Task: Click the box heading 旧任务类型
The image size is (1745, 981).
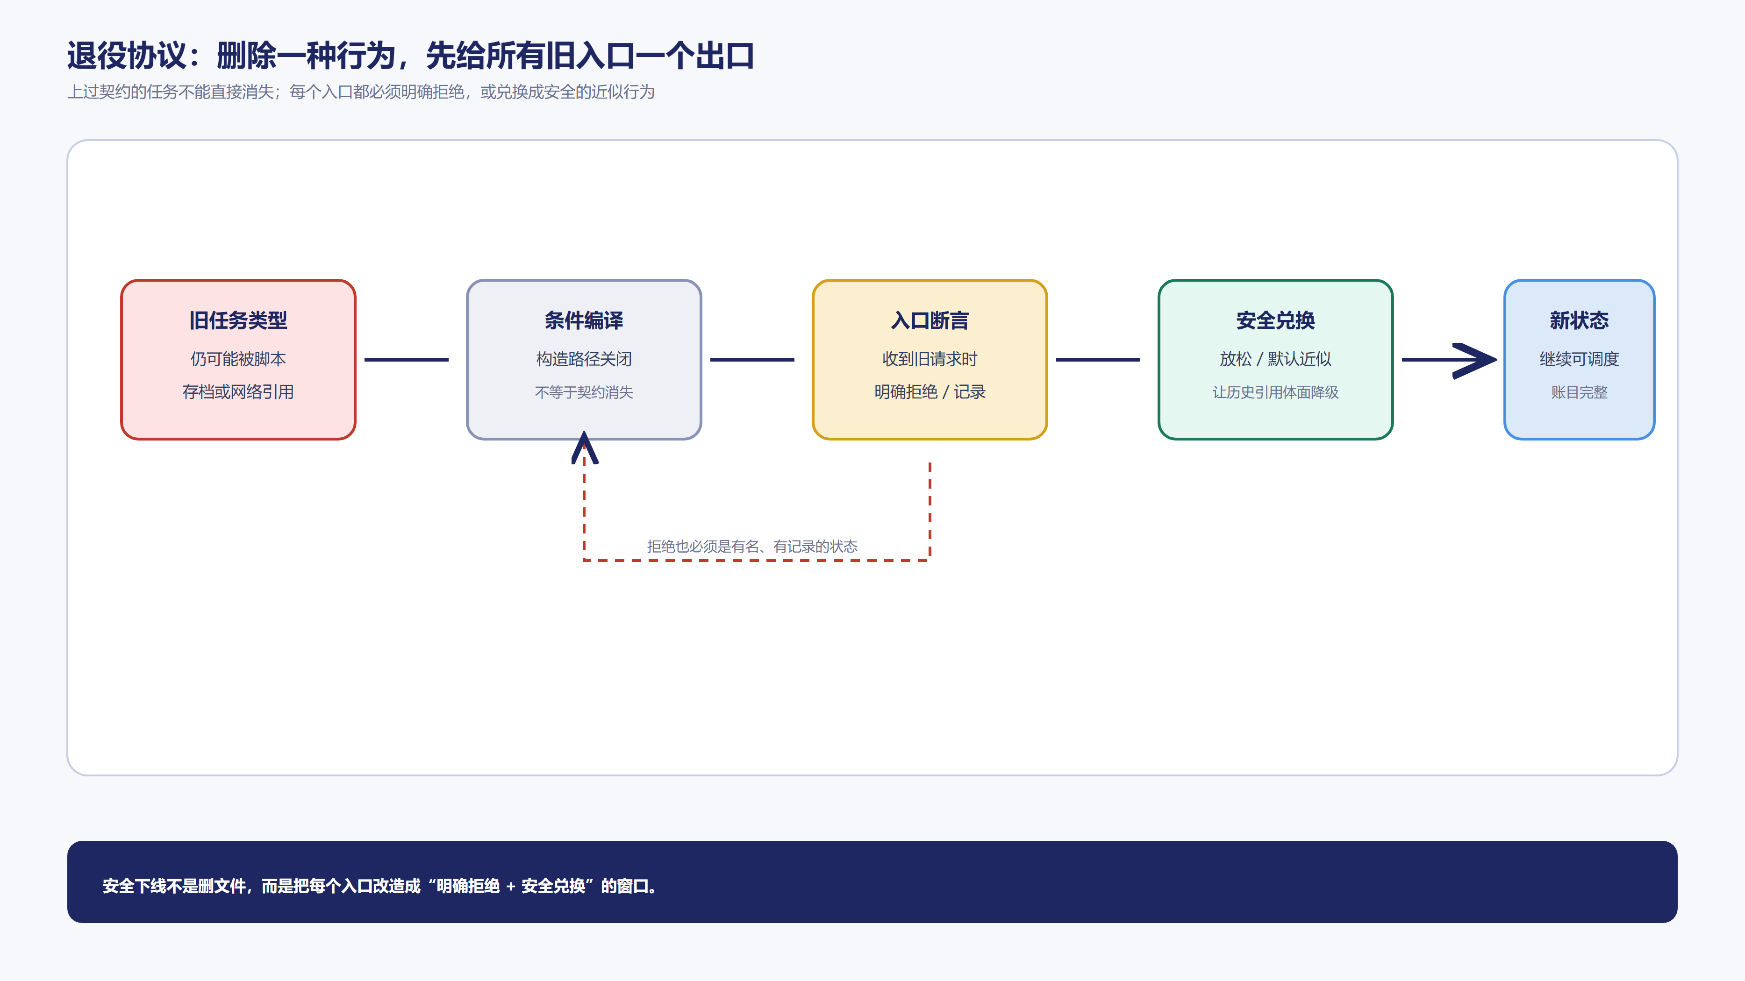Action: pyautogui.click(x=238, y=320)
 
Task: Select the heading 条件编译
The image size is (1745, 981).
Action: pyautogui.click(x=584, y=320)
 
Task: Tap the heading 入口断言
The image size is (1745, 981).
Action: pyautogui.click(x=930, y=320)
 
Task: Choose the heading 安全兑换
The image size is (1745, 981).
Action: pyautogui.click(x=1275, y=320)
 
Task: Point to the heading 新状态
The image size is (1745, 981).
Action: pyautogui.click(x=1579, y=320)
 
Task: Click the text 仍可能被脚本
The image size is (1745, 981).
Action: pyautogui.click(x=238, y=359)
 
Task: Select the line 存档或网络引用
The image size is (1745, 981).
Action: pyautogui.click(x=238, y=392)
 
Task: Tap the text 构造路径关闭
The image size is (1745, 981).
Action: pyautogui.click(x=584, y=359)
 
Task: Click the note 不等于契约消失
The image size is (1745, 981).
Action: pyautogui.click(x=584, y=392)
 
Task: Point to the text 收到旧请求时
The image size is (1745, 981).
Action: pyautogui.click(x=930, y=359)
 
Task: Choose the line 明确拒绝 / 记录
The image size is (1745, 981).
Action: pyautogui.click(x=930, y=392)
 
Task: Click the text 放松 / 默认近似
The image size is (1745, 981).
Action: pyautogui.click(x=1275, y=359)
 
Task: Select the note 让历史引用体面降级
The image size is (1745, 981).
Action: pyautogui.click(x=1275, y=392)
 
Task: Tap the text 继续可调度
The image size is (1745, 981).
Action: pyautogui.click(x=1579, y=359)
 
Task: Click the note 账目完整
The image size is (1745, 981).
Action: pyautogui.click(x=1579, y=392)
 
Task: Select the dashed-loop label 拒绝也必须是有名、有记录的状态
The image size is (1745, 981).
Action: pyautogui.click(x=752, y=547)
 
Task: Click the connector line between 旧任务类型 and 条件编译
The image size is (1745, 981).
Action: pyautogui.click(x=407, y=360)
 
